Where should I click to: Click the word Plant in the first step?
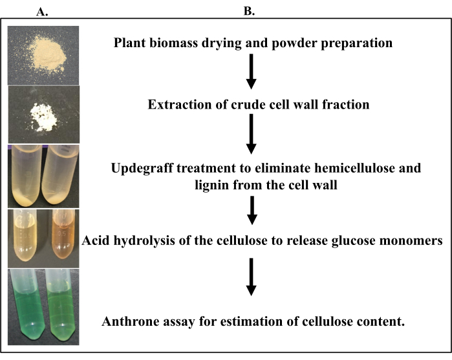coord(130,44)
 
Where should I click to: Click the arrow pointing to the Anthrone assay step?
coord(252,279)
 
